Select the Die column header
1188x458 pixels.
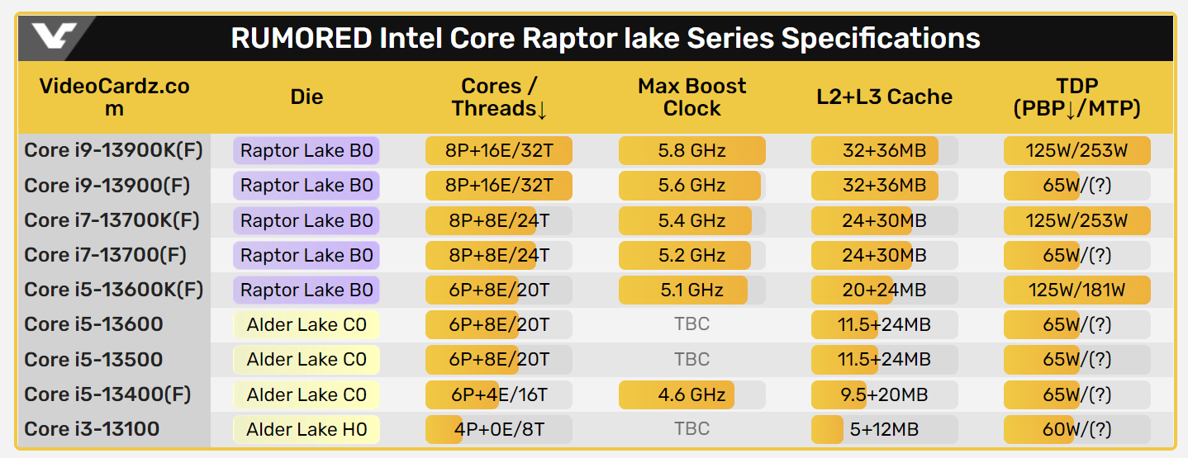(x=307, y=97)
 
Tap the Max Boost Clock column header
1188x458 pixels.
(x=691, y=97)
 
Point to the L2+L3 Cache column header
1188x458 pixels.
(x=884, y=97)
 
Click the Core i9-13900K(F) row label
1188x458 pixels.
(x=114, y=150)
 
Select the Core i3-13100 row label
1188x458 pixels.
(x=93, y=429)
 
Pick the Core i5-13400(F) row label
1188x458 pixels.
(x=107, y=394)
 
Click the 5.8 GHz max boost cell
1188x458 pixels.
(x=691, y=151)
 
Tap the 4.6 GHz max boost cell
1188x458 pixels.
(x=691, y=394)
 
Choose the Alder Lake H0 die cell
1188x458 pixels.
(x=307, y=429)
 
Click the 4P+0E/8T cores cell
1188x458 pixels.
(x=498, y=429)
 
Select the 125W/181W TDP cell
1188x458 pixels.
(x=1076, y=290)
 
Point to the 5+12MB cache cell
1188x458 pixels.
(x=884, y=429)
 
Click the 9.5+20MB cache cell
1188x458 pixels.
(x=884, y=394)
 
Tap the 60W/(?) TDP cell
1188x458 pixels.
(x=1076, y=429)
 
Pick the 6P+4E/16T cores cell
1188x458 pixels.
(x=498, y=394)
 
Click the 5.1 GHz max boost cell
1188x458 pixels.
(x=691, y=290)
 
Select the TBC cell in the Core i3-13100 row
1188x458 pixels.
(x=691, y=429)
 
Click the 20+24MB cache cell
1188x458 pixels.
(x=884, y=290)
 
